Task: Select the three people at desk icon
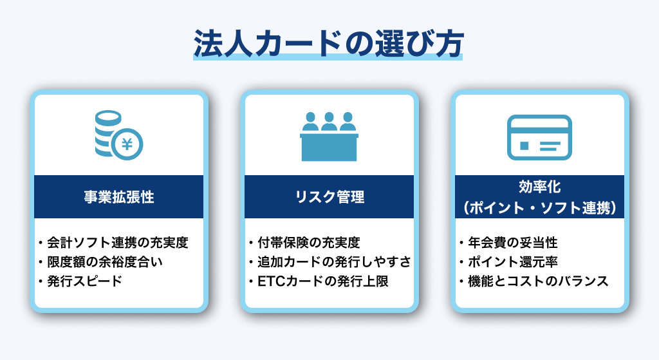click(x=329, y=137)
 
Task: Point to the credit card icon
click(x=539, y=137)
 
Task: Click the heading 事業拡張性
click(x=119, y=197)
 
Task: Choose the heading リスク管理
click(x=329, y=197)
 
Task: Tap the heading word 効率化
click(x=539, y=187)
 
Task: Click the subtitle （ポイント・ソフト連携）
click(x=539, y=207)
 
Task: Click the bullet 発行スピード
click(x=84, y=281)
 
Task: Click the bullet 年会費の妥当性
click(x=512, y=243)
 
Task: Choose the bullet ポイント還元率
click(x=512, y=262)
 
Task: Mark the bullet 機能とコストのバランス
click(x=537, y=281)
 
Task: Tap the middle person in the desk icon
click(x=329, y=121)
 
